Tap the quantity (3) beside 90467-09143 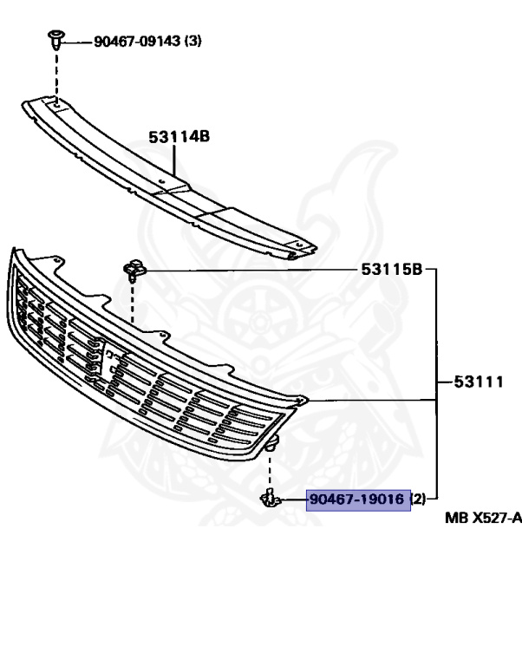[x=192, y=40]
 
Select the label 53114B [x=179, y=136]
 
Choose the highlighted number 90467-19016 [x=358, y=499]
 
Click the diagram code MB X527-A [x=484, y=519]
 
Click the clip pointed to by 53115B [x=133, y=271]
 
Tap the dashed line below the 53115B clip [x=132, y=304]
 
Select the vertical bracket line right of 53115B [x=436, y=382]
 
